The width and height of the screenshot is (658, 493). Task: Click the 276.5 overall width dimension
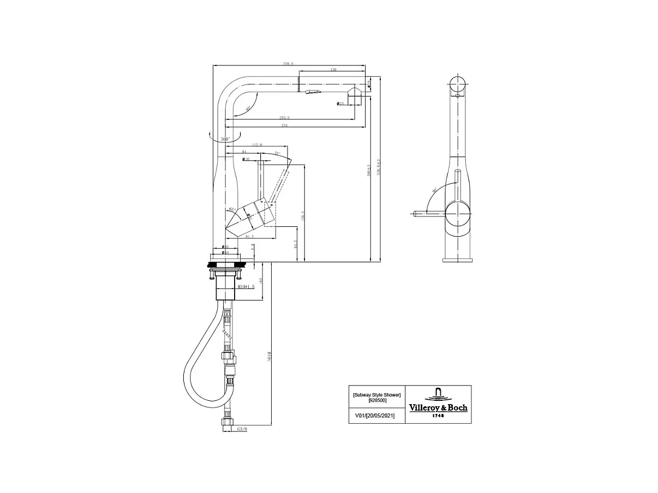pyautogui.click(x=288, y=64)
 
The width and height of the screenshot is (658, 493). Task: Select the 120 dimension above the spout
pyautogui.click(x=333, y=69)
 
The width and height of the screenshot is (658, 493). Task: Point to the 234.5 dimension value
pyautogui.click(x=284, y=117)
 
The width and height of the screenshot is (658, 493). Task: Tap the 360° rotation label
pyautogui.click(x=225, y=140)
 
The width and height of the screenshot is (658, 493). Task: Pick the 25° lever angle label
pyautogui.click(x=277, y=154)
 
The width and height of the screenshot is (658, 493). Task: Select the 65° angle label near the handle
pyautogui.click(x=231, y=209)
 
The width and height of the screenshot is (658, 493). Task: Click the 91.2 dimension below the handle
pyautogui.click(x=249, y=237)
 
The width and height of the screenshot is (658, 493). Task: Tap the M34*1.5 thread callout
pyautogui.click(x=246, y=286)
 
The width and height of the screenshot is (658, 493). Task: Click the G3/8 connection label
pyautogui.click(x=242, y=429)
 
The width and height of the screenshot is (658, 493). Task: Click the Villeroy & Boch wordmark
pyautogui.click(x=438, y=407)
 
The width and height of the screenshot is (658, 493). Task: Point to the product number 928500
pyautogui.click(x=376, y=400)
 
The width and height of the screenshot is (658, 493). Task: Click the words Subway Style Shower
pyautogui.click(x=376, y=394)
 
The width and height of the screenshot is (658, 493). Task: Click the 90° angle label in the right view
pyautogui.click(x=435, y=191)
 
